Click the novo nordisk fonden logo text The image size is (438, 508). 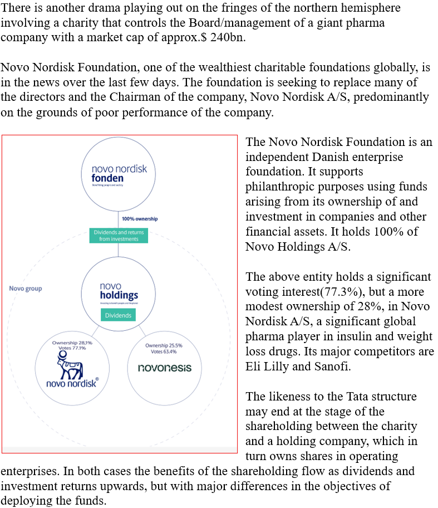pyautogui.click(x=119, y=173)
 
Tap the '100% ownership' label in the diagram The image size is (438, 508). pyautogui.click(x=139, y=218)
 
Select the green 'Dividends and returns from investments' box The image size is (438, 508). pyautogui.click(x=119, y=235)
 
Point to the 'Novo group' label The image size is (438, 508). pyautogui.click(x=26, y=289)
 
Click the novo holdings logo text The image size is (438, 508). pyautogui.click(x=119, y=291)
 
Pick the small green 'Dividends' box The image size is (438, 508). pyautogui.click(x=119, y=315)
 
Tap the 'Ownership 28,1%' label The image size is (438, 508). pyautogui.click(x=72, y=343)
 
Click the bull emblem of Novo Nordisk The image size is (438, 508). pyautogui.click(x=72, y=365)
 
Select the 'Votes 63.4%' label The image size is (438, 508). pyautogui.click(x=164, y=352)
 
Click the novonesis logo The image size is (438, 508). pyautogui.click(x=164, y=368)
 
